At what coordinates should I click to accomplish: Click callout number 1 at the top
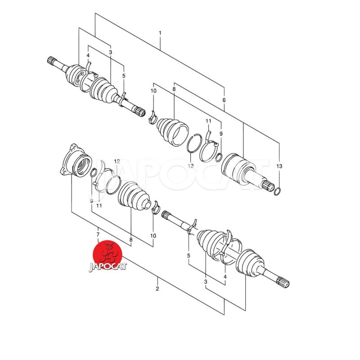click(x=160, y=33)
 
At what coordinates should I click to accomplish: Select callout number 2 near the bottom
click(x=157, y=288)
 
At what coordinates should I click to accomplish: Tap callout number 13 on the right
click(x=279, y=166)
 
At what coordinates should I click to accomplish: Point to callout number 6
click(x=224, y=100)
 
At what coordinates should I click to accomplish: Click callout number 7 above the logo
click(x=98, y=234)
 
